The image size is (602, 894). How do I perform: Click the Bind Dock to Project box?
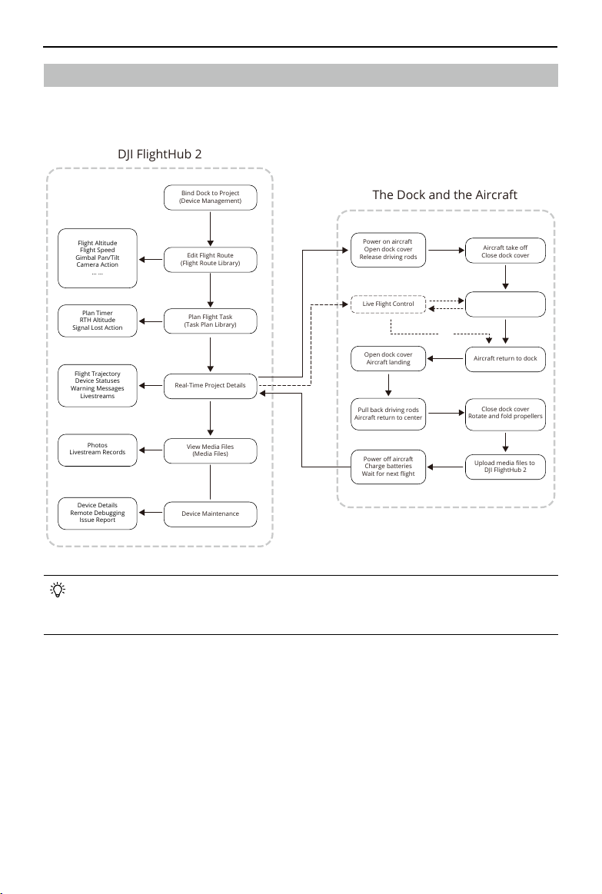click(211, 198)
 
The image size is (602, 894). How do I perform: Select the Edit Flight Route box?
click(211, 259)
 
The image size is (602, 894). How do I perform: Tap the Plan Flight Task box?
click(211, 321)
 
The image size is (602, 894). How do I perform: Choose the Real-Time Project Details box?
click(211, 385)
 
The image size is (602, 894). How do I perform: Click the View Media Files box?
click(211, 450)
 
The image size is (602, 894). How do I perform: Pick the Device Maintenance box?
click(211, 513)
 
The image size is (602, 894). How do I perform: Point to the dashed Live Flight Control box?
click(388, 304)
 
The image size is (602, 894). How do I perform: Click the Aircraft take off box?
click(505, 251)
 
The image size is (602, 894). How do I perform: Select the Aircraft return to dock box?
click(505, 359)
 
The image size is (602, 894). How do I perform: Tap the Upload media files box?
click(505, 467)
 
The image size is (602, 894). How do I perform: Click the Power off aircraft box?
click(388, 467)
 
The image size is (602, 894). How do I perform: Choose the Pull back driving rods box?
click(388, 414)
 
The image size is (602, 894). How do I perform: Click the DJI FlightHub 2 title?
click(160, 155)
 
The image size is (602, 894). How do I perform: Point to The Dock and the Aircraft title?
click(444, 195)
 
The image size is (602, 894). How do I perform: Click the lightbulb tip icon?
click(58, 590)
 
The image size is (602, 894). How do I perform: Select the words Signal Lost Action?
click(98, 327)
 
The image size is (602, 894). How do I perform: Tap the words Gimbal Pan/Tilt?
click(98, 258)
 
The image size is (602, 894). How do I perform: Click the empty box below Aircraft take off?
click(505, 304)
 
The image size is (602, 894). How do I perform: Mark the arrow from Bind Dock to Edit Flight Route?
click(211, 229)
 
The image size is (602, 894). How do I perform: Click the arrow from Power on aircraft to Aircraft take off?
click(447, 250)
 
